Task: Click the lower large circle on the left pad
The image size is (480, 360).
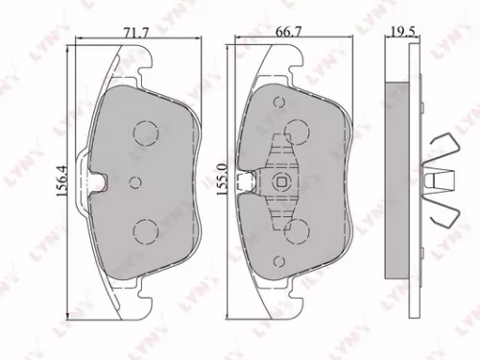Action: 145,229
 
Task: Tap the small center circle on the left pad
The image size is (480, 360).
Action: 134,181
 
